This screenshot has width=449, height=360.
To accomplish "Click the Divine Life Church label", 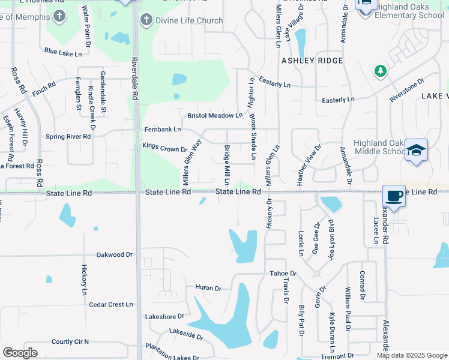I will (181, 20).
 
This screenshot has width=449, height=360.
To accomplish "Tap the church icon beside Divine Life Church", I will (146, 20).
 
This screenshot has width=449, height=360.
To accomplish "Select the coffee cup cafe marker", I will (394, 196).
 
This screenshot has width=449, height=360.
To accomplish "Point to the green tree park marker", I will (380, 72).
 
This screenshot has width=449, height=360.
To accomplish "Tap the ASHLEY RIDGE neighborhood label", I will (312, 61).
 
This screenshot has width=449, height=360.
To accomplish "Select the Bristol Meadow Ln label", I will (214, 115).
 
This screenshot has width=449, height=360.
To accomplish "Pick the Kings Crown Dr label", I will (164, 146).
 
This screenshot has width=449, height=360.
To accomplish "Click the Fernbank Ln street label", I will (162, 129).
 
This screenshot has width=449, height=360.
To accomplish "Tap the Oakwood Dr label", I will (114, 254).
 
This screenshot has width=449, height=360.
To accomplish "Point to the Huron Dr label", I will (208, 288).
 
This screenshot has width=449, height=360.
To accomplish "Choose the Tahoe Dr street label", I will (283, 273).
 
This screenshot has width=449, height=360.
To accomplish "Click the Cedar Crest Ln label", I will (110, 304).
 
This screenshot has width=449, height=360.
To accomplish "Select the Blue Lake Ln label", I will (62, 53).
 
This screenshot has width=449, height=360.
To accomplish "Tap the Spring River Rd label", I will (68, 137).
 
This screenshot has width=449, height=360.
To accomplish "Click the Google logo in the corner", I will (20, 352).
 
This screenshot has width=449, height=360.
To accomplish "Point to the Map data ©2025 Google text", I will (412, 355).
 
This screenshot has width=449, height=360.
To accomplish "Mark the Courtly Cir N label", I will (70, 341).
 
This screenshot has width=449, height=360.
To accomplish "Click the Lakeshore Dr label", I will (164, 316).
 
